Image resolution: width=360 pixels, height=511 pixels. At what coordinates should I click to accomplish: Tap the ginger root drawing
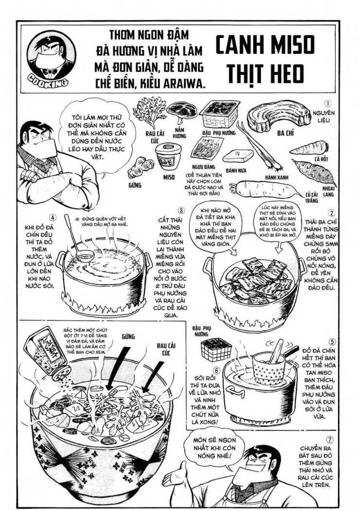[x=137, y=167]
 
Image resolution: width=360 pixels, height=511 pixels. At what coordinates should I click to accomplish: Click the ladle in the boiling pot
[x=78, y=243]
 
